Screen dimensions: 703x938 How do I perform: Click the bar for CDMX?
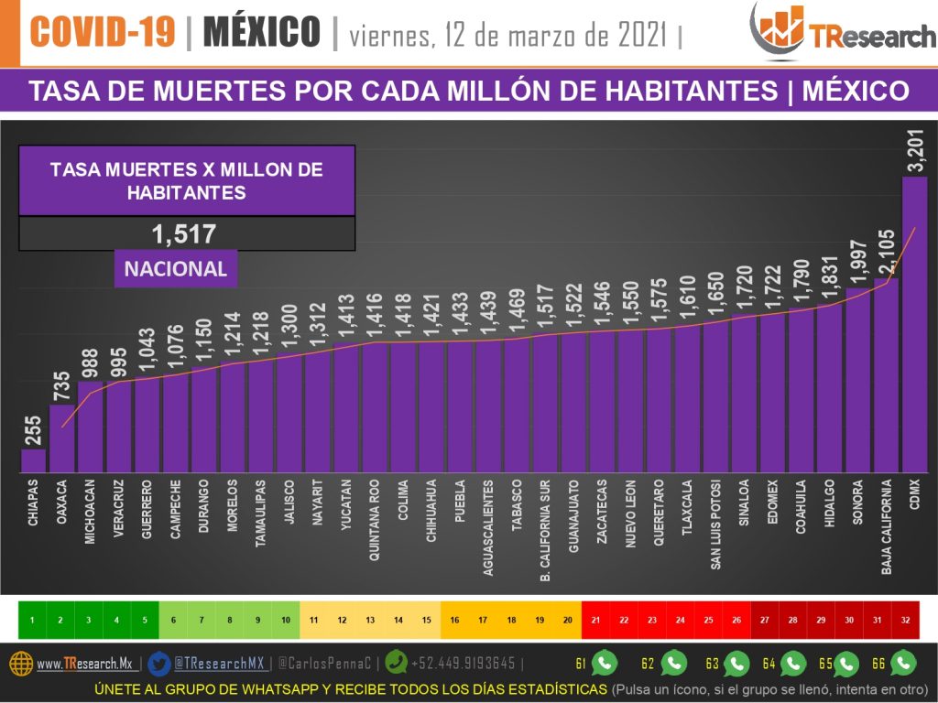914,325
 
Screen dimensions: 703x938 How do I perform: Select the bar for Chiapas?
33,460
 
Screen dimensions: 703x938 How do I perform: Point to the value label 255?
33,428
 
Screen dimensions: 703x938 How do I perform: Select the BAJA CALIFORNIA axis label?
887,527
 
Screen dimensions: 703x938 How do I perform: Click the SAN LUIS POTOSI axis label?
716,525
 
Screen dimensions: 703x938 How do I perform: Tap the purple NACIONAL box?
175,269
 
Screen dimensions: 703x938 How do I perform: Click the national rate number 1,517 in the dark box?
186,234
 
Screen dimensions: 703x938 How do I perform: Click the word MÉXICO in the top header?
261,33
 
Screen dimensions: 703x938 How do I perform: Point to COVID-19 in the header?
102,33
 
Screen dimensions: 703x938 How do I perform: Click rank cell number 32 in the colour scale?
905,620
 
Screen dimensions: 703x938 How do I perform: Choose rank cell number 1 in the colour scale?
32,620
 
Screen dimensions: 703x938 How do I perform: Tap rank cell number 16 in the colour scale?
454,620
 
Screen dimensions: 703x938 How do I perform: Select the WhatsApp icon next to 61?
605,663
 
